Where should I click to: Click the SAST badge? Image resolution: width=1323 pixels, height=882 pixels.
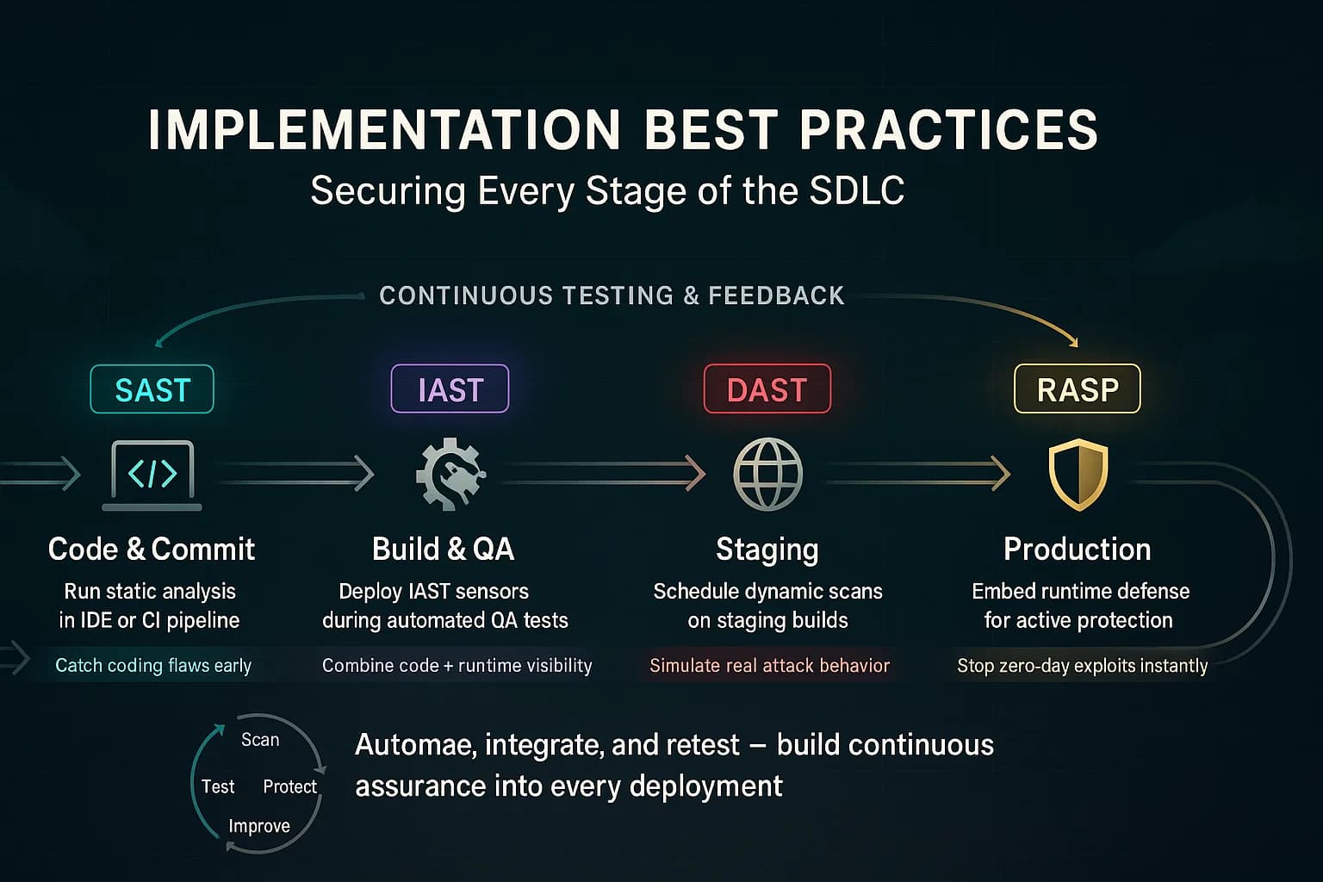point(152,389)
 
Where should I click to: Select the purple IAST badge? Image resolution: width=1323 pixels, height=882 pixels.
point(450,389)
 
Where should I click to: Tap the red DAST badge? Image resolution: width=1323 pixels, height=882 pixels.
point(767,389)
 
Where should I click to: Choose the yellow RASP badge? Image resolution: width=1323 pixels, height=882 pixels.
point(1077,389)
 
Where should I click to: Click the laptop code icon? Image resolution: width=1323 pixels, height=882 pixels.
point(153,475)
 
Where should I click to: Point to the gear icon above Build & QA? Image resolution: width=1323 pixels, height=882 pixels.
point(450,475)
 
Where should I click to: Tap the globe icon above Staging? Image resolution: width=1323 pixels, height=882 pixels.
point(767,475)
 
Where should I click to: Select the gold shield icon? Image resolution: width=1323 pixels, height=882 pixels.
point(1078,475)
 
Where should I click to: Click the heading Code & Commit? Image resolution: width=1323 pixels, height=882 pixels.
point(152,549)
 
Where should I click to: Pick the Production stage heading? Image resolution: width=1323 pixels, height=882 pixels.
point(1077,549)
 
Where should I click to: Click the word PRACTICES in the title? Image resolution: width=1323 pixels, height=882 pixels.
point(948,131)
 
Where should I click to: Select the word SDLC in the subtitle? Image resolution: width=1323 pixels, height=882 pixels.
point(857,190)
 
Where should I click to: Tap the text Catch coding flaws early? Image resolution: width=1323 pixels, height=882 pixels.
point(153,665)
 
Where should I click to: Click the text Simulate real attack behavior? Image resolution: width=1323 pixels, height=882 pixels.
point(769,665)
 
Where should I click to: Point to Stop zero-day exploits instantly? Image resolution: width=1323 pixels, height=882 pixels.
point(1082,665)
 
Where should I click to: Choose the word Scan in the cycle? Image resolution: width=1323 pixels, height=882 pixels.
point(260,740)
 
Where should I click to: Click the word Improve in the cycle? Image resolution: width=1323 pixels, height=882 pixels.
point(259,826)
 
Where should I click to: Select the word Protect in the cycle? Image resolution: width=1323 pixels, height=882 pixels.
point(289,786)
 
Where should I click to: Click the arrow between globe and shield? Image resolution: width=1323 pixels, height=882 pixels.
point(918,473)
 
